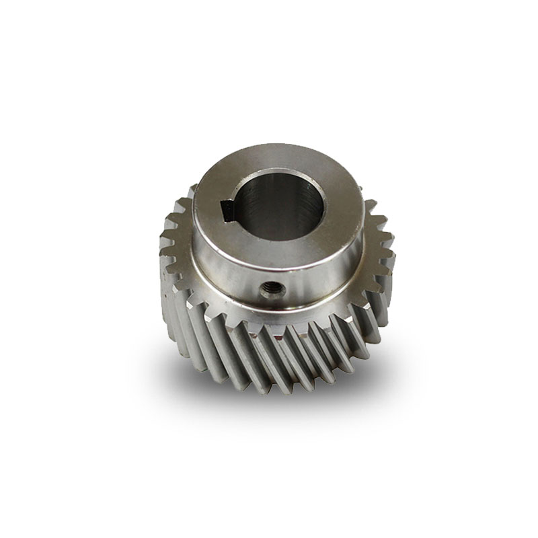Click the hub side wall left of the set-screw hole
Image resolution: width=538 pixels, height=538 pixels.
[222, 272]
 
